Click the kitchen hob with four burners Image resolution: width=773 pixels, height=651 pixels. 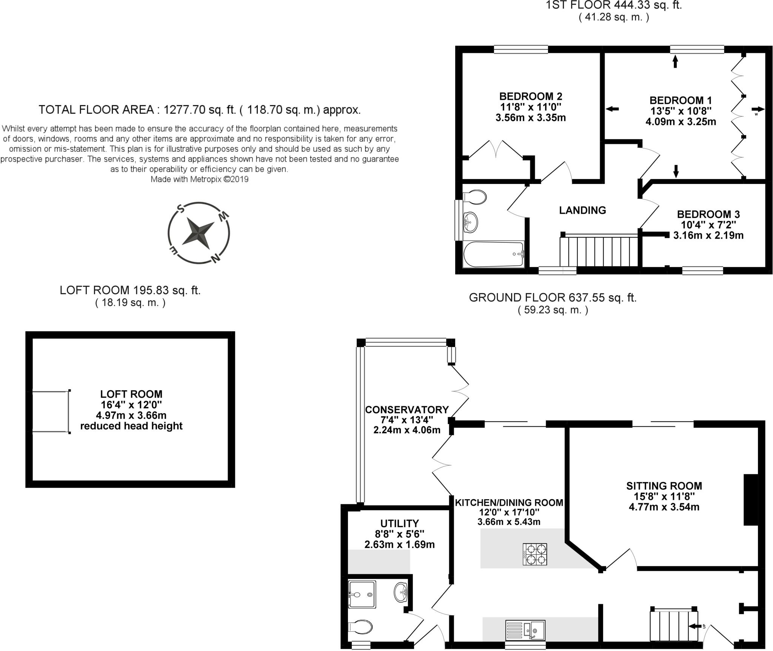[535, 554]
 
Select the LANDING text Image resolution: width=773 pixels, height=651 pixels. [582, 210]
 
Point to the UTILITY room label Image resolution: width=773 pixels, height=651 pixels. [399, 523]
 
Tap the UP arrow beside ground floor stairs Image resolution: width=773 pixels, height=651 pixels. [694, 626]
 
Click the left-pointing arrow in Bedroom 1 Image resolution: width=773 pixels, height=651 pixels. [612, 109]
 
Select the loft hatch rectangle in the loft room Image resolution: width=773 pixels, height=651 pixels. [51, 412]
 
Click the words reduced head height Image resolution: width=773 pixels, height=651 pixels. [131, 426]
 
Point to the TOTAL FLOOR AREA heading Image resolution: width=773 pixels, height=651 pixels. [200, 110]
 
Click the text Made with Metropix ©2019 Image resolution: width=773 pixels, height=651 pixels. [199, 179]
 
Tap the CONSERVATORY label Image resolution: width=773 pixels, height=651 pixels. [407, 410]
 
